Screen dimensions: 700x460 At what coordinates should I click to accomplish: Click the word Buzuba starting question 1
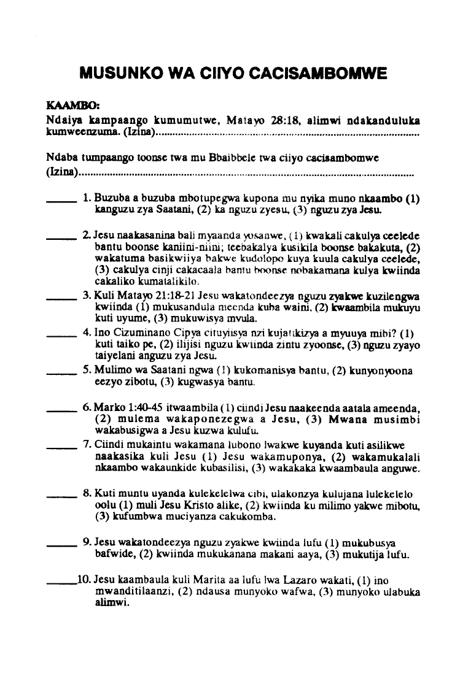coord(109,199)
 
